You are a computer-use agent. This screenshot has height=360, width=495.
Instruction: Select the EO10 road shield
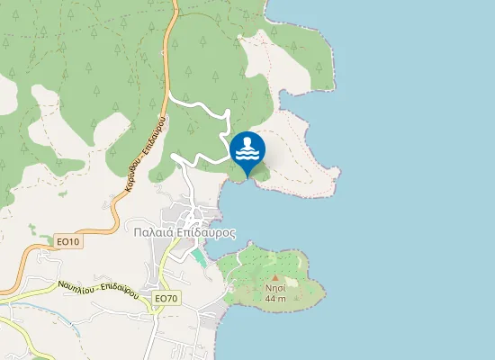click(67, 242)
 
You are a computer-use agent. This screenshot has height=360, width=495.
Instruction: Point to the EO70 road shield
click(165, 298)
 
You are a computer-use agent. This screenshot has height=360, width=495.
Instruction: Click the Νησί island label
click(274, 288)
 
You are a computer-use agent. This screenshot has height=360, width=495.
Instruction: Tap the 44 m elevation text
click(274, 298)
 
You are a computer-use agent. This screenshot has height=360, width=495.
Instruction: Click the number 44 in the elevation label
click(270, 298)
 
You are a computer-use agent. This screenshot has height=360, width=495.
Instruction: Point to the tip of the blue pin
click(247, 175)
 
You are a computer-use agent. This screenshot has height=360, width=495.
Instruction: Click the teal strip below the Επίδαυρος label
click(198, 256)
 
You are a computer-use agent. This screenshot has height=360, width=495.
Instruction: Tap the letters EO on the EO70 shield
click(159, 298)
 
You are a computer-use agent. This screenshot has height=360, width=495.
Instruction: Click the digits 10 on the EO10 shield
click(73, 242)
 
